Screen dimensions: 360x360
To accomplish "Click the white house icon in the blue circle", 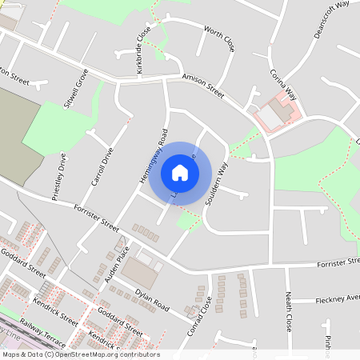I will click(x=180, y=173).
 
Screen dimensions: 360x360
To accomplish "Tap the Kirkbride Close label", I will click(x=143, y=50).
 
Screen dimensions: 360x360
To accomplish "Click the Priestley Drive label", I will click(x=58, y=177).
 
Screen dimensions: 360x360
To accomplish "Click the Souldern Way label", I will click(x=217, y=186).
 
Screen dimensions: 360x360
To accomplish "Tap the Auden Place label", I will click(x=117, y=265).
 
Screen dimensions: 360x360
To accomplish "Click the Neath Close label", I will click(x=288, y=312).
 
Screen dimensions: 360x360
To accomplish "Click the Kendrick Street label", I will click(x=55, y=311).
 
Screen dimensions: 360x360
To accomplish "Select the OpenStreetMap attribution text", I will click(x=81, y=354).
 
